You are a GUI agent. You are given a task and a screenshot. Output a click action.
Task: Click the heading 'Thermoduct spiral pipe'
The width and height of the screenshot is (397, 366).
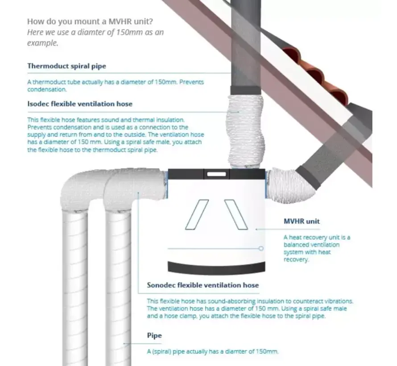click(66, 66)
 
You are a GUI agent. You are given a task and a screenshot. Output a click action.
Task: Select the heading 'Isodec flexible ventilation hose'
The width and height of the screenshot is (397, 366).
click(80, 104)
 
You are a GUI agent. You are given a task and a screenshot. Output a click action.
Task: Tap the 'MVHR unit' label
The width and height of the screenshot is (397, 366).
click(302, 221)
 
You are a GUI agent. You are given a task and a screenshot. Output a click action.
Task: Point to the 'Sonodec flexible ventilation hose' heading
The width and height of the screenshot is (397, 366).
click(203, 285)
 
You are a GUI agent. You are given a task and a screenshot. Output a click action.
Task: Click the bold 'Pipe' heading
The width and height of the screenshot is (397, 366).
click(154, 335)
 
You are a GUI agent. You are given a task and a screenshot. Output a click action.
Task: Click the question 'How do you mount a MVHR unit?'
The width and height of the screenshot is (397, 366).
click(90, 21)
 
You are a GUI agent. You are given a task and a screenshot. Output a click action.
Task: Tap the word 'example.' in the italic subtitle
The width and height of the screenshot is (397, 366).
click(42, 43)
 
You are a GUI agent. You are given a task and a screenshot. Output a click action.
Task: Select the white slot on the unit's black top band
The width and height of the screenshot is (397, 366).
click(216, 174)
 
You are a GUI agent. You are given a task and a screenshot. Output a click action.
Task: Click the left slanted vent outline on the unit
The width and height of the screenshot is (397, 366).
click(197, 215)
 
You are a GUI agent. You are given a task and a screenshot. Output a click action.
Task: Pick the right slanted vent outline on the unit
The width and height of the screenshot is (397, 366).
click(236, 215)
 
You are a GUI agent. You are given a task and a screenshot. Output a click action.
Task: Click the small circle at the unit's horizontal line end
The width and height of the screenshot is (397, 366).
click(261, 249)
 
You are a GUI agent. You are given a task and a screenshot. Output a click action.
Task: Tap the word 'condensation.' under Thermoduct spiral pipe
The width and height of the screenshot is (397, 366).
click(47, 89)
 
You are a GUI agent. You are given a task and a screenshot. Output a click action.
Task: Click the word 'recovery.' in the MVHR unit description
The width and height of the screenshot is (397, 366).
click(296, 260)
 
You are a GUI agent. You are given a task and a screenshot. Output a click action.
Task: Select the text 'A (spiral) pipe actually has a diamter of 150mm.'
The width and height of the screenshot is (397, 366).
click(213, 352)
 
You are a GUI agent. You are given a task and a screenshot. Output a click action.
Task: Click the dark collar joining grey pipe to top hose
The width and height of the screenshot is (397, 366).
click(246, 91)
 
